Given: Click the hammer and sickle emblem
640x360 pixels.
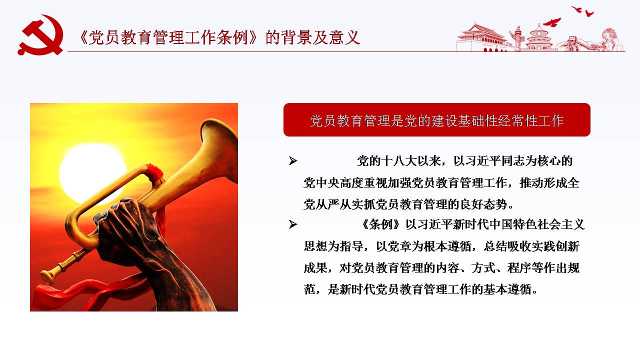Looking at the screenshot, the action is [40, 35].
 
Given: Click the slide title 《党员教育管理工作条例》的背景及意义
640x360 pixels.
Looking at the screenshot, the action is [219, 37].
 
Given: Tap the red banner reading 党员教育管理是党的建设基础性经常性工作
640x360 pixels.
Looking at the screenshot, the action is [437, 119].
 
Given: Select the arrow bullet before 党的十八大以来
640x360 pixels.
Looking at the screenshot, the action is [293, 161].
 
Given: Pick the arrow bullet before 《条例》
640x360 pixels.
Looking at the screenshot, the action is [293, 224].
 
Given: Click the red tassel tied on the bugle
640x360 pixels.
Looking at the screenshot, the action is [154, 172].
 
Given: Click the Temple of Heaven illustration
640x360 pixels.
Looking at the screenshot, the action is [538, 38].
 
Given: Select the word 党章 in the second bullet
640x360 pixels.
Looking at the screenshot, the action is [399, 246].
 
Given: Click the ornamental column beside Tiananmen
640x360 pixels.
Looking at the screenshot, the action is [517, 38].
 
